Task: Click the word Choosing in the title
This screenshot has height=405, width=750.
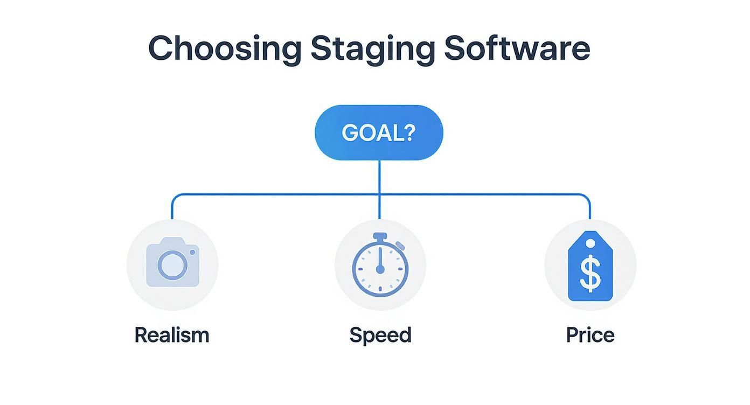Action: (224, 48)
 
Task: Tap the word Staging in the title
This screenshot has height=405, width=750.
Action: (372, 48)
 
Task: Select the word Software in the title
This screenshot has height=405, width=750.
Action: (517, 48)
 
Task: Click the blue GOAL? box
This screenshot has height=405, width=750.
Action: (379, 132)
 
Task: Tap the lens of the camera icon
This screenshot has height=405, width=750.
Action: (172, 265)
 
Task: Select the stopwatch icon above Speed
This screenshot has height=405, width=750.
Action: (380, 264)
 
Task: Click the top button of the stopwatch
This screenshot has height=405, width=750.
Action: (380, 236)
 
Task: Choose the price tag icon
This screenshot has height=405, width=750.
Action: (591, 266)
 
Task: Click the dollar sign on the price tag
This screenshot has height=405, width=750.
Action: (591, 273)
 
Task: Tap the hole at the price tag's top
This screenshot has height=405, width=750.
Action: (591, 244)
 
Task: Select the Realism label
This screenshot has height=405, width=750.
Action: (172, 335)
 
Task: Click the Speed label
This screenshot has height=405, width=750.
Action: (380, 335)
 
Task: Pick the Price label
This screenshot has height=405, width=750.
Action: (591, 335)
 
